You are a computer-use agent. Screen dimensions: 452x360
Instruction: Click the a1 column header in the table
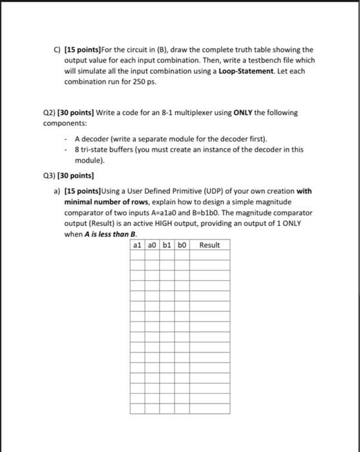136,245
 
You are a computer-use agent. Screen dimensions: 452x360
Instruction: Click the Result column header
209,245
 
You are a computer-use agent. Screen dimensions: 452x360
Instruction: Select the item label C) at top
57,49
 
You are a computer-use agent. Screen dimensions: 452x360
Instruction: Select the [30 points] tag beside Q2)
78,112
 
